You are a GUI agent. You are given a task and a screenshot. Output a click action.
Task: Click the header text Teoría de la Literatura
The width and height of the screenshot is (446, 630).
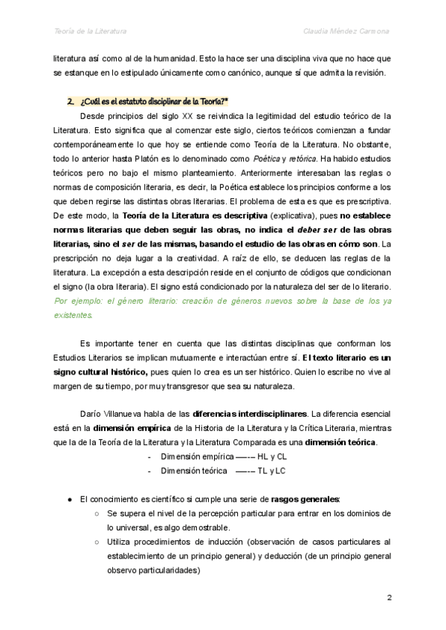point(90,31)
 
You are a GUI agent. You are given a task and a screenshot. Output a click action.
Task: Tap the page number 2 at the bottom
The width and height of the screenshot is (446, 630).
point(389,597)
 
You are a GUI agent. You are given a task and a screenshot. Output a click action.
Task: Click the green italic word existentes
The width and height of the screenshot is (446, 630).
point(74,315)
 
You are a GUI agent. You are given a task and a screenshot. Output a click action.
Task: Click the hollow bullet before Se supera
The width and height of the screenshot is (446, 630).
point(97,513)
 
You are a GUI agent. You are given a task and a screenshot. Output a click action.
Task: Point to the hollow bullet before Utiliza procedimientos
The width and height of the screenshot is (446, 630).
point(97,542)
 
